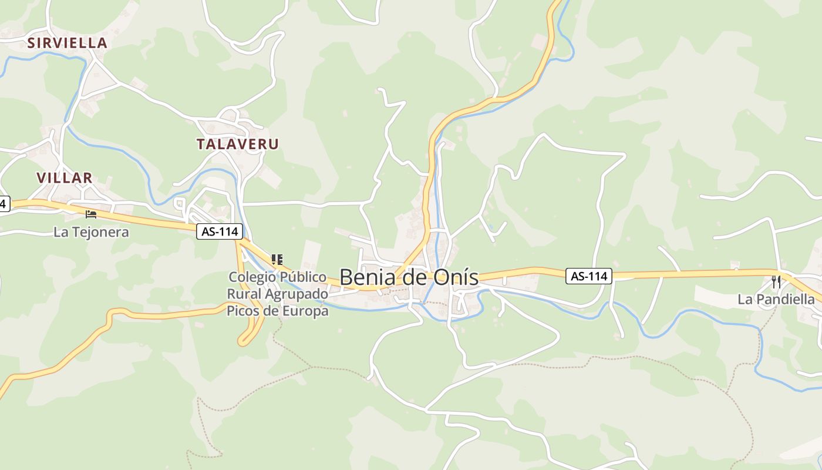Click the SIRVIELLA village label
[x=68, y=43]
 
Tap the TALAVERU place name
[x=237, y=144]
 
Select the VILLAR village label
[x=65, y=178]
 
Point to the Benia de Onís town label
[x=409, y=277]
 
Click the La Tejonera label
[x=91, y=232]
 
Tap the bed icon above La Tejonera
[x=90, y=214]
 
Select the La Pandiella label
[x=776, y=300]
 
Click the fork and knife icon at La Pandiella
[x=776, y=281]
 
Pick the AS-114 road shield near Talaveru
[x=220, y=231]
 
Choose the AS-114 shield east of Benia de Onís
[x=589, y=276]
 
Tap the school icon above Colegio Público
[x=278, y=259]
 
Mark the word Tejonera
[x=100, y=232]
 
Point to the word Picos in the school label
[x=243, y=311]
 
